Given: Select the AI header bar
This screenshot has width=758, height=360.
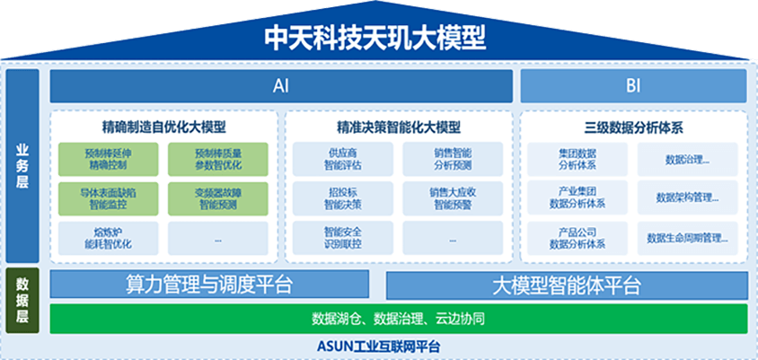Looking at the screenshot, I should [281, 87].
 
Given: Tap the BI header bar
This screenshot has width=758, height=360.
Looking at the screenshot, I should [633, 87].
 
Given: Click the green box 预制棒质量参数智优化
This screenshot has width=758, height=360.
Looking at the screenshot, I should [217, 159].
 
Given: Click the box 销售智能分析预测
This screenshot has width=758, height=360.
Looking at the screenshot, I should [452, 159].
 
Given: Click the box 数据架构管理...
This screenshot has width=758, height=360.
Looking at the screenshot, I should [688, 198].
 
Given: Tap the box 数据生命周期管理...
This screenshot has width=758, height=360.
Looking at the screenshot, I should [688, 238].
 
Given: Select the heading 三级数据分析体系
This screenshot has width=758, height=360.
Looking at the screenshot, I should [632, 127].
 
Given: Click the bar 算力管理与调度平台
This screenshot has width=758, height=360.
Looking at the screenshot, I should [209, 285].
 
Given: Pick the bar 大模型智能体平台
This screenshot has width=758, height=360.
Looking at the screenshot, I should [566, 285].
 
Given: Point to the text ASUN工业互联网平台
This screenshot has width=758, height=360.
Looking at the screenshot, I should [378, 347].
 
